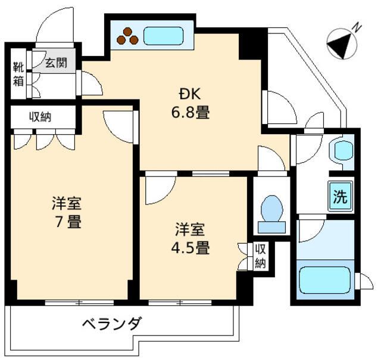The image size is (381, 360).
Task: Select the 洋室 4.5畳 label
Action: [x=191, y=239]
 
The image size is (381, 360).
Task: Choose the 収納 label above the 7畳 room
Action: [x=40, y=116]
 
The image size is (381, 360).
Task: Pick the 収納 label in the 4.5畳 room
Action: [x=260, y=256]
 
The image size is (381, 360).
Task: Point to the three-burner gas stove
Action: [x=127, y=36]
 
